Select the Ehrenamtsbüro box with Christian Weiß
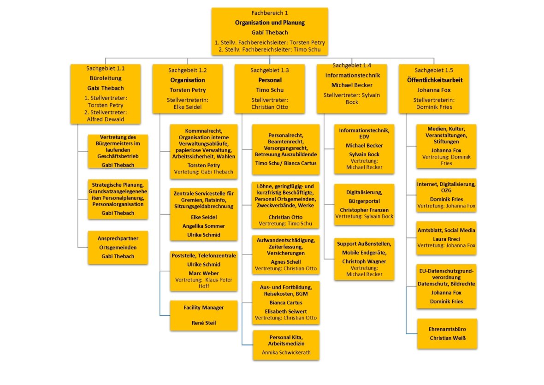click(x=447, y=334)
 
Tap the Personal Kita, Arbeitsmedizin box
click(x=286, y=345)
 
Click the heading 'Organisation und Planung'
click(x=270, y=23)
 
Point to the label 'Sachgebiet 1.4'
click(x=351, y=66)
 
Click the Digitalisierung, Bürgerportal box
click(x=364, y=204)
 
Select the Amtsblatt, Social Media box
click(x=446, y=238)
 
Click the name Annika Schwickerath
click(x=286, y=353)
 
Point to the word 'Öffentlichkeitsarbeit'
click(x=433, y=80)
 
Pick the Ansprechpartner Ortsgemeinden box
click(x=118, y=248)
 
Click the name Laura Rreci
click(x=446, y=239)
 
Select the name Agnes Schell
click(x=286, y=261)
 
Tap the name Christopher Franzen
click(x=364, y=209)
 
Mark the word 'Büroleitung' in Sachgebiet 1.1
click(x=106, y=79)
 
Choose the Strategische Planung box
click(x=118, y=199)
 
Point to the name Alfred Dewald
click(x=106, y=119)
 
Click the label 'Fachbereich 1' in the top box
click(x=270, y=13)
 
